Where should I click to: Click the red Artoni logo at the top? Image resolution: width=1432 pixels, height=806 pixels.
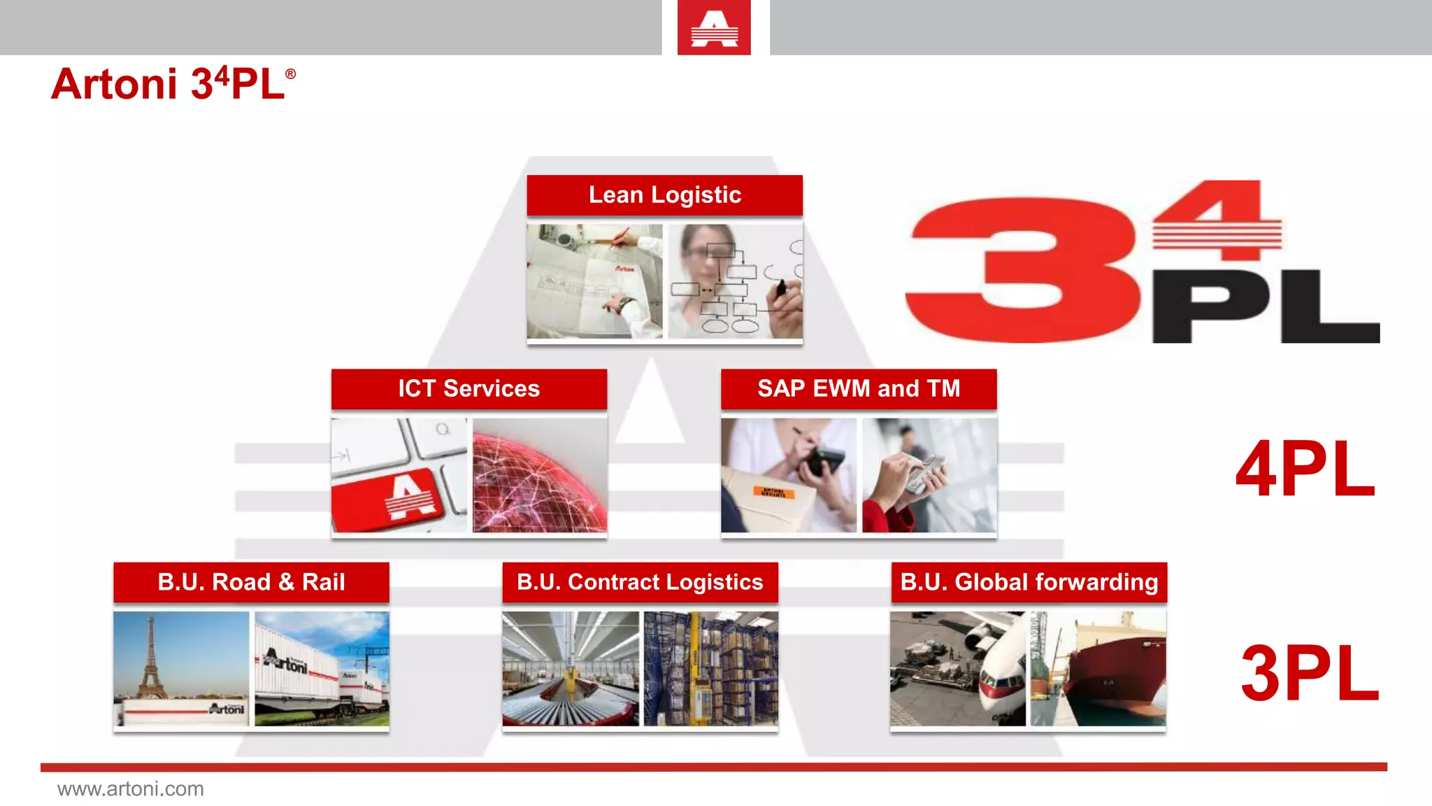[x=714, y=28]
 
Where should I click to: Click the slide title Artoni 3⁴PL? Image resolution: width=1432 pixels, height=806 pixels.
[x=173, y=84]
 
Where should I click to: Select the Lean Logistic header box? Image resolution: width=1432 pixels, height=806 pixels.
[x=664, y=195]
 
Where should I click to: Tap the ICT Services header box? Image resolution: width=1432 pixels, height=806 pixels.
[x=468, y=389]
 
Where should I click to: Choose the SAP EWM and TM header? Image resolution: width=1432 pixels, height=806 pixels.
[x=859, y=389]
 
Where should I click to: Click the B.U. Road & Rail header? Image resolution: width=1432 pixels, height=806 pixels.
[x=251, y=582]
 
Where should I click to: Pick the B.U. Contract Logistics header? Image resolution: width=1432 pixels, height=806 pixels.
[x=640, y=582]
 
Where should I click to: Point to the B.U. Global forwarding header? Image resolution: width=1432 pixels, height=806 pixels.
[x=1029, y=582]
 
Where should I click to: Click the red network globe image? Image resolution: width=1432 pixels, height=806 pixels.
[x=539, y=476]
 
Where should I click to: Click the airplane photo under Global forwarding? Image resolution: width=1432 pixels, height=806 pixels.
[x=958, y=668]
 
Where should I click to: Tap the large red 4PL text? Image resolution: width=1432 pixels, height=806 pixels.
[x=1305, y=469]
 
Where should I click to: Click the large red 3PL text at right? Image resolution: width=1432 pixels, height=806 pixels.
[x=1309, y=673]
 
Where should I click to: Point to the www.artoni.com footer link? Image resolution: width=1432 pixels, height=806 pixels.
[x=131, y=789]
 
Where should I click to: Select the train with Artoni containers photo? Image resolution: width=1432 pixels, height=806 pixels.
[x=322, y=668]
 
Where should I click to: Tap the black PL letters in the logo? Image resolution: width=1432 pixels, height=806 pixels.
[x=1266, y=308]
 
